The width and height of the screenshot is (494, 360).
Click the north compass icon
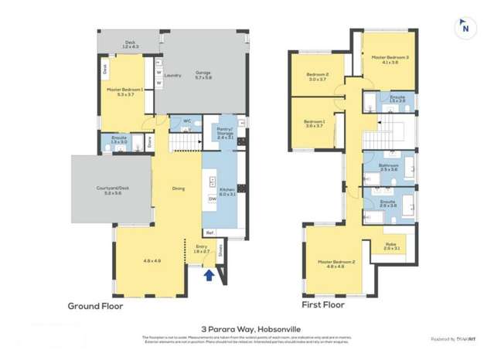pyautogui.click(x=465, y=27)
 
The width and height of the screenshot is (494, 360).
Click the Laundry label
pyautogui.click(x=172, y=75)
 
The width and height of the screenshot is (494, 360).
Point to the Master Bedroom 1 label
pyautogui.click(x=125, y=91)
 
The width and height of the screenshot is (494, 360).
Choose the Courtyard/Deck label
pyautogui.click(x=96, y=191)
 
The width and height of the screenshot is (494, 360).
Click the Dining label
pyautogui.click(x=179, y=188)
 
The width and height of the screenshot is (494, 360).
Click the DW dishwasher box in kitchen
pyautogui.click(x=212, y=199)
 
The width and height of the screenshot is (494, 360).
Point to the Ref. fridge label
pyautogui.click(x=210, y=233)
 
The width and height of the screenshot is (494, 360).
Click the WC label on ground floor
pyautogui.click(x=186, y=120)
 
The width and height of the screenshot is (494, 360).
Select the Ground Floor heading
pyautogui.click(x=94, y=305)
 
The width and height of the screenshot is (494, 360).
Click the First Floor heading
pyautogui.click(x=323, y=305)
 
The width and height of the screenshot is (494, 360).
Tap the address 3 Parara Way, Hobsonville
pyautogui.click(x=247, y=327)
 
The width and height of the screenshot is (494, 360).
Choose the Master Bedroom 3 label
pyautogui.click(x=390, y=58)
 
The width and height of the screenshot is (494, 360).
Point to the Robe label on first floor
pyautogui.click(x=390, y=246)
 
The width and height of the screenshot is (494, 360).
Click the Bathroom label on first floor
pyautogui.click(x=389, y=165)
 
